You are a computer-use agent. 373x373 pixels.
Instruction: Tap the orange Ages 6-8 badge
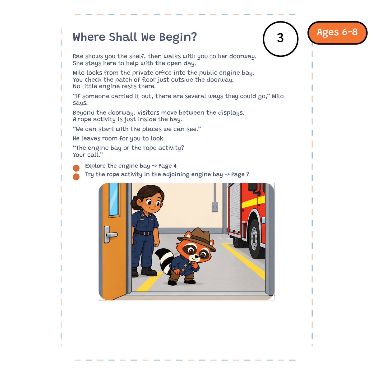(x=337, y=33)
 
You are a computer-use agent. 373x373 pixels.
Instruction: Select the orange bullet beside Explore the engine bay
(x=76, y=168)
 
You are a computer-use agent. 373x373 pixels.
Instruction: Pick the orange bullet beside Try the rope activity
(x=76, y=177)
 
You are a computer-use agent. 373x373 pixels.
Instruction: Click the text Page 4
(x=167, y=166)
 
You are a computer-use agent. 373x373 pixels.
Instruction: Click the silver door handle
(x=110, y=234)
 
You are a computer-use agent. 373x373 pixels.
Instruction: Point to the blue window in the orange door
(x=114, y=199)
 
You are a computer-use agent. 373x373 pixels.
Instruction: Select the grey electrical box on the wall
(x=215, y=206)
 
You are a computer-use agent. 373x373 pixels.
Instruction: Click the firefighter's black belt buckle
(x=146, y=233)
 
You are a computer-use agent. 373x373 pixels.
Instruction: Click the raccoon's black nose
(x=196, y=256)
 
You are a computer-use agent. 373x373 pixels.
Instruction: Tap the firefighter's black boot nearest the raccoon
(x=149, y=272)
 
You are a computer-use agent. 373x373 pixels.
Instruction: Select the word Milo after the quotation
(x=278, y=96)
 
